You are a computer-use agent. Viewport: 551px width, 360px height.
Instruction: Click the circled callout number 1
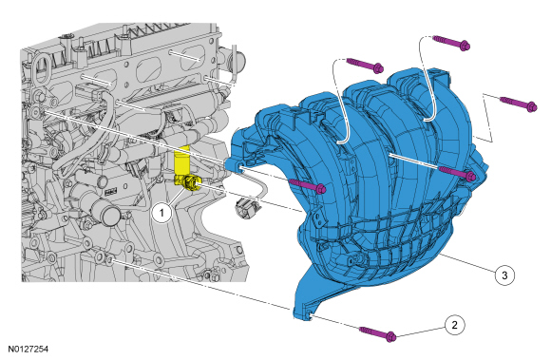tap(161, 213)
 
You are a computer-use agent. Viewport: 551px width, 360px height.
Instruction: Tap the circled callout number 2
tap(454, 325)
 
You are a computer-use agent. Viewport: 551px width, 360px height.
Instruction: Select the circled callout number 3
tap(504, 275)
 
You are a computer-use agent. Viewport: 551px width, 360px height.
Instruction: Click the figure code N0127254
tap(28, 350)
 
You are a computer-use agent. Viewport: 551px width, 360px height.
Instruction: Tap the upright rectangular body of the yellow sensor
tap(181, 161)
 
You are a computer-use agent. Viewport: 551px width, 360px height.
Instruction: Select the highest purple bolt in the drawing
tap(452, 43)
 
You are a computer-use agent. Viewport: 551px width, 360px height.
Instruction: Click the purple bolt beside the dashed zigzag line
tap(519, 104)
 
